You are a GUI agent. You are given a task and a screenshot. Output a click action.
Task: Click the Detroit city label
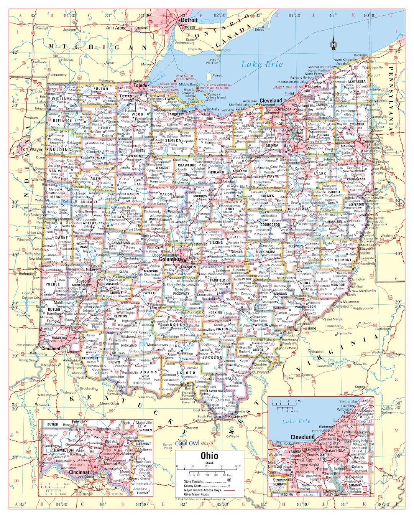tap(189, 20)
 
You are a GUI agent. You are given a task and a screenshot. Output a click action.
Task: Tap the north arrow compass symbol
tap(333, 45)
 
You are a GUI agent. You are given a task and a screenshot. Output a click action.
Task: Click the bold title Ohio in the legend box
tap(209, 456)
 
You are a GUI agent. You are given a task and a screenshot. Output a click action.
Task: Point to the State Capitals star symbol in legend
tap(229, 480)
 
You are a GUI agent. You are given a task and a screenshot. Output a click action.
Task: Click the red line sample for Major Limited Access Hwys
tap(229, 490)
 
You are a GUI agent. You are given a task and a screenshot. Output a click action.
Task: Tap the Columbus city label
tap(170, 259)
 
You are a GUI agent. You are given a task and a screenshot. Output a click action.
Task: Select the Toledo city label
tap(140, 86)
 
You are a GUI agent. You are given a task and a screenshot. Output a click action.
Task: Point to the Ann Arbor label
tap(115, 28)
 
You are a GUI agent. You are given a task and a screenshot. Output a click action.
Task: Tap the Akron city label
tap(289, 146)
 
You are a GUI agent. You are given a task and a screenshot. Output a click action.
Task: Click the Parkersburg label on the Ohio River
tap(307, 328)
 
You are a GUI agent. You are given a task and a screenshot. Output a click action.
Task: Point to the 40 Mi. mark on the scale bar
tap(239, 467)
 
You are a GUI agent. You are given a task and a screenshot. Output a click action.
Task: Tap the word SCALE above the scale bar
tap(209, 463)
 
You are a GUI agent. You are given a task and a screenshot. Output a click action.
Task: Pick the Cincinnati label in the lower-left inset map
tap(80, 472)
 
